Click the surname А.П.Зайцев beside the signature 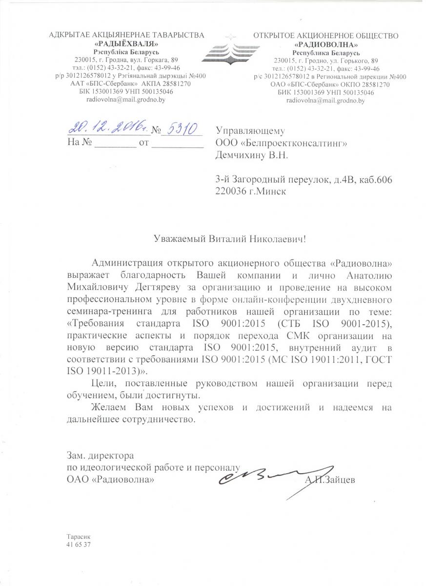click(330, 480)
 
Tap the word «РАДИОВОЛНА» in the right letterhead click(326, 44)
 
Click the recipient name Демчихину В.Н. click(252, 155)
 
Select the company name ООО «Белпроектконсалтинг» click(284, 143)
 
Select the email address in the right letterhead click(325, 101)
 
